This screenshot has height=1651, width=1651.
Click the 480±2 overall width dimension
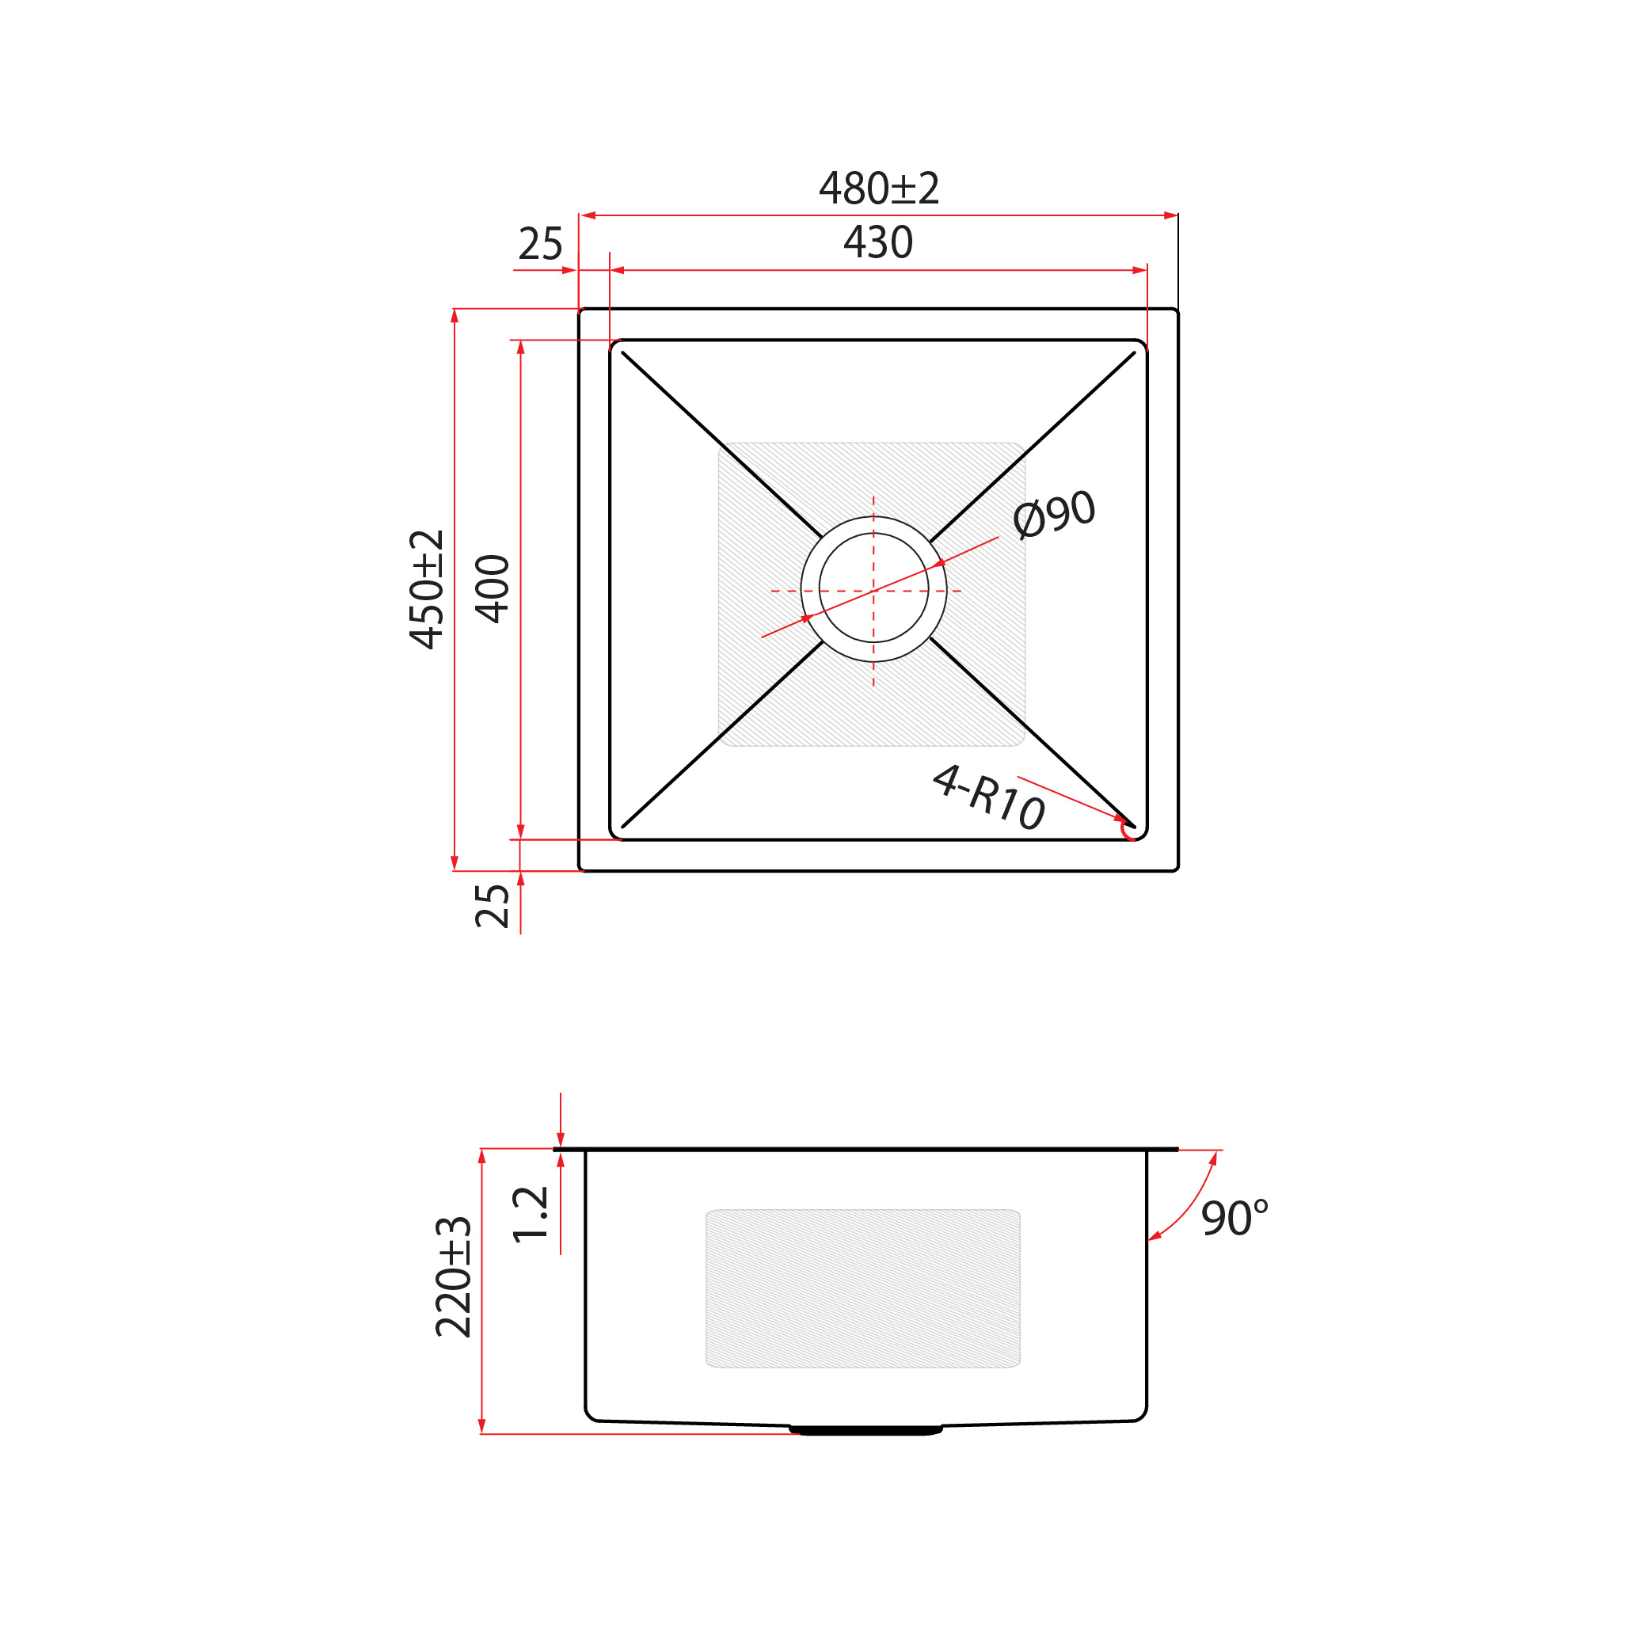[878, 188]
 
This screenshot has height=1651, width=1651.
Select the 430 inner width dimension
[878, 242]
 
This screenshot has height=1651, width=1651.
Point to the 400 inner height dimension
[493, 589]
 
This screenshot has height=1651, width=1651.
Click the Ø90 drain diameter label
[1054, 515]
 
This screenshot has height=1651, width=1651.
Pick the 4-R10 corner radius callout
[989, 797]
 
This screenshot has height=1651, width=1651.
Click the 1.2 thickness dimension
[530, 1215]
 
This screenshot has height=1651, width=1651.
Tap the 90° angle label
[1234, 1219]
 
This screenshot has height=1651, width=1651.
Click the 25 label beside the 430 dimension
[540, 245]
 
